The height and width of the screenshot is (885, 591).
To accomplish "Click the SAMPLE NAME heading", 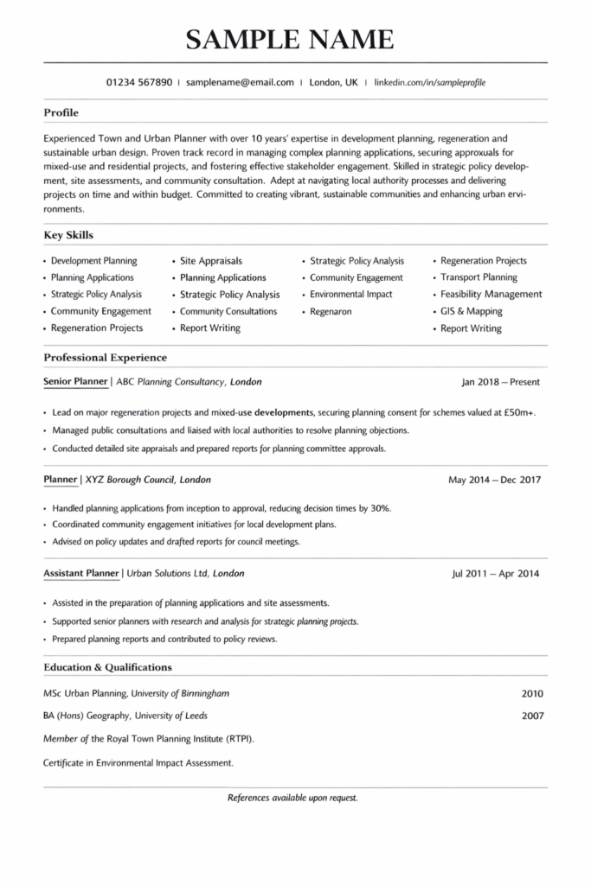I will click(x=290, y=38).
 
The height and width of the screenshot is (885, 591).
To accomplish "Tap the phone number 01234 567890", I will click(x=138, y=83).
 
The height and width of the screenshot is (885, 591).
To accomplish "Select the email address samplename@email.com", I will click(x=240, y=83).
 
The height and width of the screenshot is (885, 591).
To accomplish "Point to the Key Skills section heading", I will click(x=68, y=235).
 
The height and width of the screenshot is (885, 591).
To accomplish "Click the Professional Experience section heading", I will click(x=105, y=357).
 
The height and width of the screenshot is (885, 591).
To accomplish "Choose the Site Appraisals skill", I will click(x=211, y=261).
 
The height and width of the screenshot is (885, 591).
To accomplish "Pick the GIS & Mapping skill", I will click(x=471, y=311).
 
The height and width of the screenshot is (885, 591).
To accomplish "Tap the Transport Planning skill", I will click(x=479, y=277).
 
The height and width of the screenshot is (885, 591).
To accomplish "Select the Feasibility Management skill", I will click(x=491, y=295).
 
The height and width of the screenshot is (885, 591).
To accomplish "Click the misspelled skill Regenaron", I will click(x=331, y=311).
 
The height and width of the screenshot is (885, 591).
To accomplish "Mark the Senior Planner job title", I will click(x=75, y=381).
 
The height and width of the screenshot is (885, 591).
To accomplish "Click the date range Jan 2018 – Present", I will click(x=501, y=381).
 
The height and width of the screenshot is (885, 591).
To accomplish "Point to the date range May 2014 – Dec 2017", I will click(x=494, y=480).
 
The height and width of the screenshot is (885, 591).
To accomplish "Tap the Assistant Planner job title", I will click(x=80, y=573).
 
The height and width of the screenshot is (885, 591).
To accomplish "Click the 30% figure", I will click(x=380, y=508).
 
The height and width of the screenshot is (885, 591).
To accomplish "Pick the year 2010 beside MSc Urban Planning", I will click(x=533, y=693).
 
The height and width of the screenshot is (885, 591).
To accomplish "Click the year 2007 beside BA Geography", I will click(x=533, y=716).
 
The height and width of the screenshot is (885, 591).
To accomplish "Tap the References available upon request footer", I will click(x=292, y=798).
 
